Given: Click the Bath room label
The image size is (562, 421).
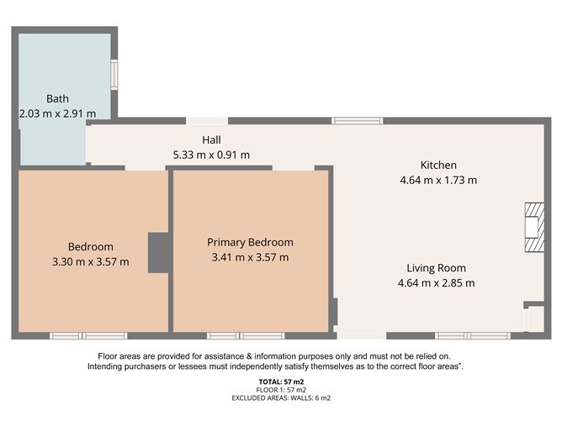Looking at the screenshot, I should (x=57, y=97).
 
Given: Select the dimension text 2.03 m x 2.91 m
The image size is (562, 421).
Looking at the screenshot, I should (x=57, y=112).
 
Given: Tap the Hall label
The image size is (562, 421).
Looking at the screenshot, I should (x=211, y=139).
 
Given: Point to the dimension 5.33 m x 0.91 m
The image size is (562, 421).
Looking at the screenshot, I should (x=211, y=155).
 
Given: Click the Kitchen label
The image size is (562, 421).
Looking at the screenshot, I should (x=438, y=165).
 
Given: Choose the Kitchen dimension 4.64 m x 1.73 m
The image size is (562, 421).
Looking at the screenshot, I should (x=437, y=180).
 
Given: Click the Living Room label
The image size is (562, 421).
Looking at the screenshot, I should (x=436, y=268).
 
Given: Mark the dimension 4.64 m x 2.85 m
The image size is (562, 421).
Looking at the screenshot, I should (x=436, y=283).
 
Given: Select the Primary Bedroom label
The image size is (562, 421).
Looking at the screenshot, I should (x=250, y=242).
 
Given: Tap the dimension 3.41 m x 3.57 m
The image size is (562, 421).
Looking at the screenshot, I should (x=250, y=257).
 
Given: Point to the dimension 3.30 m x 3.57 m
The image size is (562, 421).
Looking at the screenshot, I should (x=90, y=261).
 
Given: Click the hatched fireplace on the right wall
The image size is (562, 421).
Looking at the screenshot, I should (x=534, y=228).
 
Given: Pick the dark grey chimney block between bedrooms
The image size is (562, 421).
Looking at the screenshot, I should (x=159, y=252).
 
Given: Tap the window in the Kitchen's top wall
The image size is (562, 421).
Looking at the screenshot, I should (x=357, y=121).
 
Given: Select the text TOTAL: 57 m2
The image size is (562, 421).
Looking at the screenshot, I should (x=280, y=382).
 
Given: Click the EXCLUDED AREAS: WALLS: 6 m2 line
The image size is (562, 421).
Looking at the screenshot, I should (x=280, y=397).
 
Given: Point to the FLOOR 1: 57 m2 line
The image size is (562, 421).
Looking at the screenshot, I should (x=280, y=390).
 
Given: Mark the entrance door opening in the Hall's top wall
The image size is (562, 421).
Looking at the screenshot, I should (x=206, y=121).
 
